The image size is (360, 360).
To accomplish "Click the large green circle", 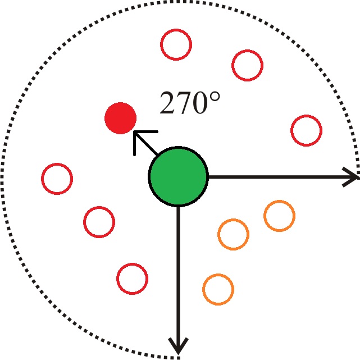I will click(x=178, y=176).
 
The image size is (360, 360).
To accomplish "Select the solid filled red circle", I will click(x=120, y=119).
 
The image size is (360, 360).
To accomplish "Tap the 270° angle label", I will click(x=189, y=103).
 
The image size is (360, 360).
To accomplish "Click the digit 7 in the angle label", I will click(x=184, y=104).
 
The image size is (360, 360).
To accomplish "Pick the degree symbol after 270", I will click(x=215, y=96).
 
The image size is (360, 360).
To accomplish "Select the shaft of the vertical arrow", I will click(x=178, y=270).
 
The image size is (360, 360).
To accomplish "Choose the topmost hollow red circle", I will click(x=176, y=44).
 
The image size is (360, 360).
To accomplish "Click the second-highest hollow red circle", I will click(x=247, y=65).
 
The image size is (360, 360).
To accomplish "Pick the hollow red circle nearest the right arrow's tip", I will click(x=306, y=130).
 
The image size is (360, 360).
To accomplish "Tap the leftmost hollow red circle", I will click(x=57, y=179).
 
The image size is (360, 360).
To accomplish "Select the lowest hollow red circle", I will click(x=132, y=277).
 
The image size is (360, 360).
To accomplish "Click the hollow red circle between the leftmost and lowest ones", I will click(x=99, y=221).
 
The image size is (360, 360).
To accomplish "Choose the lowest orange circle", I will click(x=218, y=289).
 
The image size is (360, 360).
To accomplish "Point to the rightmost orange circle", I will click(x=279, y=216).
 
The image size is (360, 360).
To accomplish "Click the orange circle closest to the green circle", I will click(x=233, y=234).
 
